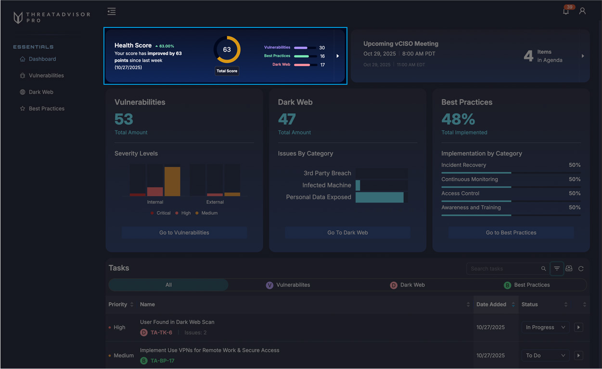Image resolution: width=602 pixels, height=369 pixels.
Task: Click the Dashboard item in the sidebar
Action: [x=42, y=59]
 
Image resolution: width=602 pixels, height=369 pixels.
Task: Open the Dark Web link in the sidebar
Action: [x=41, y=92]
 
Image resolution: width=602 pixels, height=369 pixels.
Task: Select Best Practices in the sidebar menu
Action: [x=46, y=108]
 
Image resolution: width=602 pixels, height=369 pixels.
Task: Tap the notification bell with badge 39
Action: [x=566, y=11]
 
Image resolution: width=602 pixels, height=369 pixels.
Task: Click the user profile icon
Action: [x=582, y=11]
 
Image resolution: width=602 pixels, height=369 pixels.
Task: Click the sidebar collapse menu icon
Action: [x=112, y=12]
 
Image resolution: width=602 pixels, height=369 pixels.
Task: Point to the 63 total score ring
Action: [x=227, y=50]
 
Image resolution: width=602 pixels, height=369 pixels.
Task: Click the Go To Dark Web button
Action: [x=347, y=233]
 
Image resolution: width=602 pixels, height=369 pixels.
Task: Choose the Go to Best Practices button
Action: [x=511, y=233]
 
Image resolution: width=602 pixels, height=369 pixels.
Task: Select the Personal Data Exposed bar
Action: [x=379, y=198]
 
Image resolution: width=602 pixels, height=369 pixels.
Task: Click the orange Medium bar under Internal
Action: [x=172, y=182]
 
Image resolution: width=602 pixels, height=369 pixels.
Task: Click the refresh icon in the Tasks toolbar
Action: [x=581, y=269]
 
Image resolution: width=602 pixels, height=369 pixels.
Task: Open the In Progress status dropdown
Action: [x=545, y=328]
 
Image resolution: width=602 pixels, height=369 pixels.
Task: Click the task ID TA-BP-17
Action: [x=162, y=361]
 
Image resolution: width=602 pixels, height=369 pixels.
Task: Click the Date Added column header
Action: [x=491, y=304]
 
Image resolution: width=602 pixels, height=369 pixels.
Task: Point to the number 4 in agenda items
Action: [x=528, y=56]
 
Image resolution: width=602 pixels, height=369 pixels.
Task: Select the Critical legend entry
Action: [x=160, y=213]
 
